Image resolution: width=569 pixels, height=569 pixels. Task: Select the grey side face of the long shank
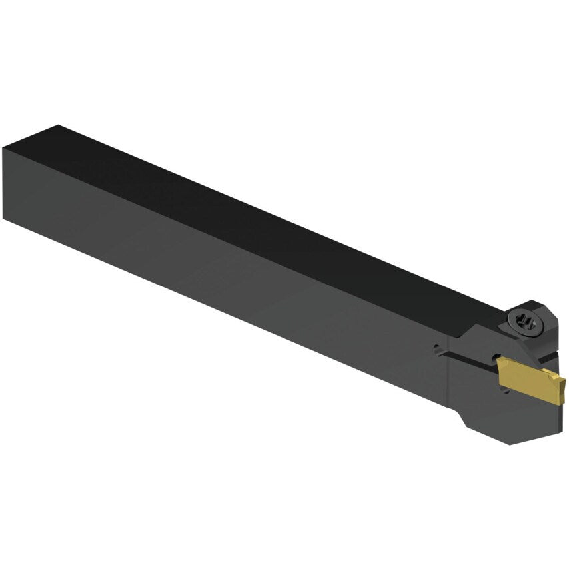click(x=200, y=267)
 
